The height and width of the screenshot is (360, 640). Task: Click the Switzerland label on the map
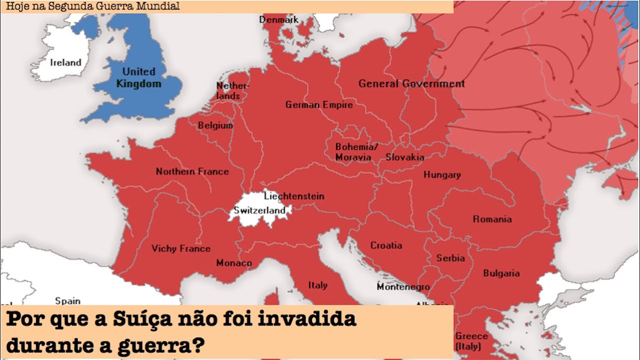pos(259,210)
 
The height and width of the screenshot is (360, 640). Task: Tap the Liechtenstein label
pos(294,196)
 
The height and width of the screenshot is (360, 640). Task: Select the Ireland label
pos(65,62)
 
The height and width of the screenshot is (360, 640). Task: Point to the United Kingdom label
pos(139,77)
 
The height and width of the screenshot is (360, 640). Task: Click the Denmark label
pos(278,20)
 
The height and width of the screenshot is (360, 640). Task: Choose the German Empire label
pos(319,105)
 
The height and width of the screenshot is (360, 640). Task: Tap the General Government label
pos(411,84)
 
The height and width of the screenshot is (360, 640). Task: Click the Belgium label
pos(215,125)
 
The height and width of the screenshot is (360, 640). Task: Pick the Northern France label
pos(192,171)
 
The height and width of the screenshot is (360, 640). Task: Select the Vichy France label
pos(181,248)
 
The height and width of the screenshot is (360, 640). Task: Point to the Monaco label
pos(234,263)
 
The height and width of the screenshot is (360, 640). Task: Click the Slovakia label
pos(404,157)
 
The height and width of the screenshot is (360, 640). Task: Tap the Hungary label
pos(442,175)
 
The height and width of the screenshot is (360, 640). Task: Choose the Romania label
pos(492,219)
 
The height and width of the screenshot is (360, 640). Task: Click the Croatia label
pos(386,245)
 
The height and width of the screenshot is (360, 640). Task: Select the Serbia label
pos(450,258)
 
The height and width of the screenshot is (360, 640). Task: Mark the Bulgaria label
pos(501,273)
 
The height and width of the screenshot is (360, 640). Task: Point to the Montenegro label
pos(403,287)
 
